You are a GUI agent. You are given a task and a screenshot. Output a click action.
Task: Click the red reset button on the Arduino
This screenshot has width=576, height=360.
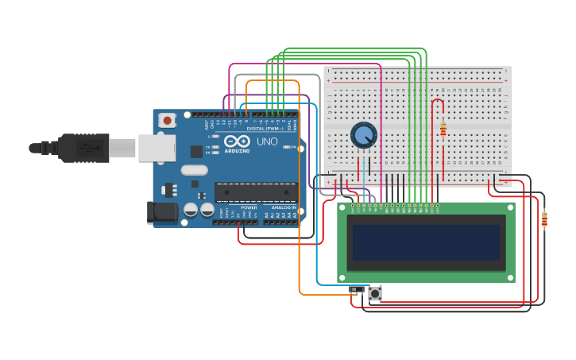167,120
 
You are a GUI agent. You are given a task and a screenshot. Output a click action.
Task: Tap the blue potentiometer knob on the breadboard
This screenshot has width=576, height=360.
364,135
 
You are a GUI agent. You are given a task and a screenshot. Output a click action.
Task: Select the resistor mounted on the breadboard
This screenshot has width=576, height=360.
443,130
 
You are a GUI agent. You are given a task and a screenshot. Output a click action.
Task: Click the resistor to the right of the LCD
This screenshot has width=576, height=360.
544,219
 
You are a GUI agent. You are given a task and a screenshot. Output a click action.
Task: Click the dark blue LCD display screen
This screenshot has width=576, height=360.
427,242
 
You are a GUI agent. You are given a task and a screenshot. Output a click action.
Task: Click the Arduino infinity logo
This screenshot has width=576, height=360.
237,141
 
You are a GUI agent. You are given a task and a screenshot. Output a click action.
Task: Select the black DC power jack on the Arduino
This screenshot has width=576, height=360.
162,211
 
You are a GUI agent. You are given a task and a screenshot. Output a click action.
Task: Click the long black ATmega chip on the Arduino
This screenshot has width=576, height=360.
256,192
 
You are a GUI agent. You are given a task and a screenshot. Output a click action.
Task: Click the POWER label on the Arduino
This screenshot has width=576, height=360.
249,207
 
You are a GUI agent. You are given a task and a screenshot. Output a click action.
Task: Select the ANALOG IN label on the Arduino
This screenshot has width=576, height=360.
283,207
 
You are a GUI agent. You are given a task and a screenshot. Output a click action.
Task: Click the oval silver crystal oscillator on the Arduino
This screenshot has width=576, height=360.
193,169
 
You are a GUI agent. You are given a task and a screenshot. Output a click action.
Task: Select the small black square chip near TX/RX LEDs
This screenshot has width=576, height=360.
196,151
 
